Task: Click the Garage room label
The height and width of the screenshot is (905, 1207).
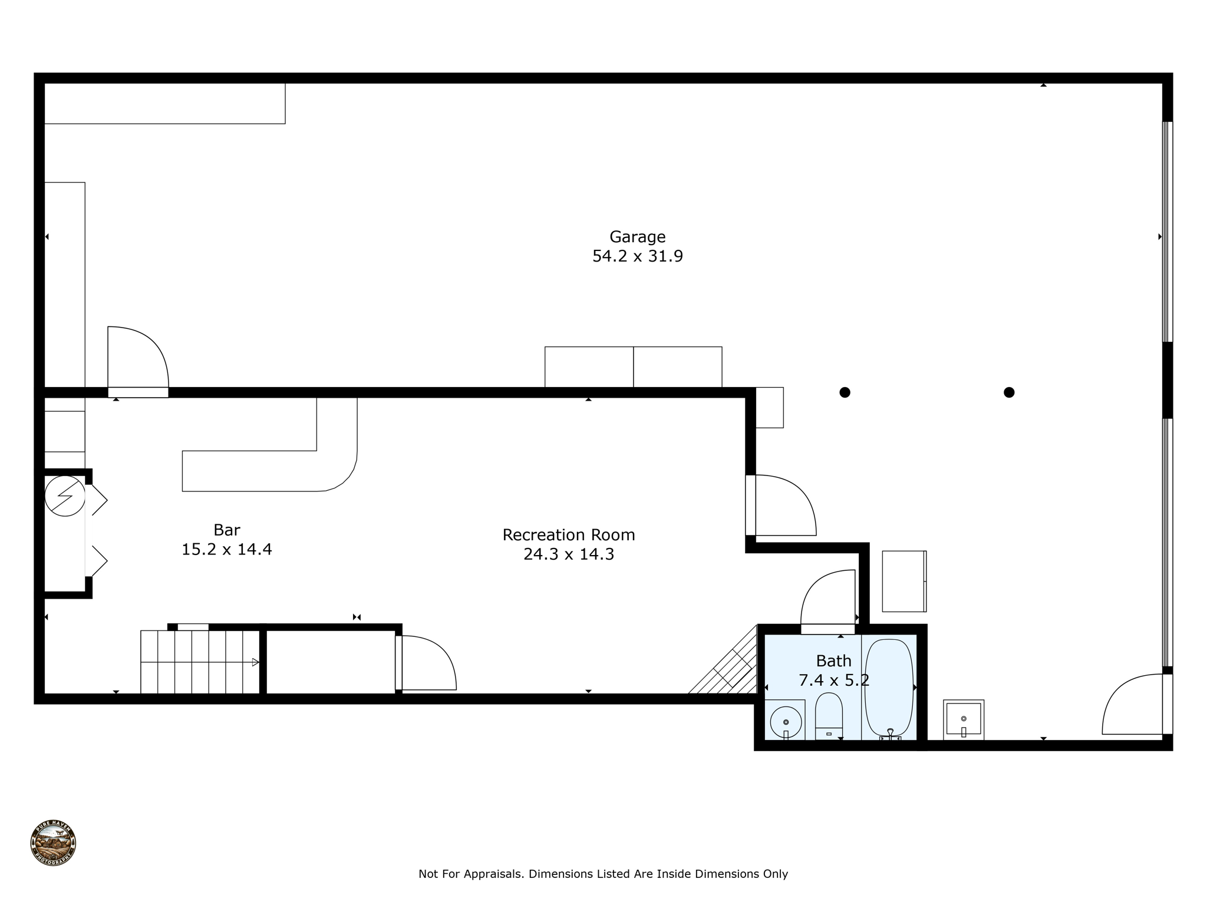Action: pyautogui.click(x=637, y=236)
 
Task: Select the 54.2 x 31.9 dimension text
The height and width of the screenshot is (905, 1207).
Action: pyautogui.click(x=637, y=256)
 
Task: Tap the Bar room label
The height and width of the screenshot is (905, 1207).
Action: pyautogui.click(x=226, y=530)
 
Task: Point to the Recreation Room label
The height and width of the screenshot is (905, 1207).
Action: pyautogui.click(x=568, y=534)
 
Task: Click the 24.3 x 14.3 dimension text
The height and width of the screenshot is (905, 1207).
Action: pyautogui.click(x=568, y=554)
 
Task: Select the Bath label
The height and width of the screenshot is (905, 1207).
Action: pyautogui.click(x=833, y=660)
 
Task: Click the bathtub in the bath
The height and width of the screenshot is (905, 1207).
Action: pyautogui.click(x=889, y=687)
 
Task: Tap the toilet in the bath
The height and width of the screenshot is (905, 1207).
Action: pyautogui.click(x=829, y=715)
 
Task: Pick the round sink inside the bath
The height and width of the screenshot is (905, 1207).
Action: pyautogui.click(x=786, y=721)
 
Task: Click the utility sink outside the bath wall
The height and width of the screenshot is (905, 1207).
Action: pyautogui.click(x=964, y=719)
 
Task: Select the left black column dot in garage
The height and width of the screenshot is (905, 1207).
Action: pyautogui.click(x=845, y=392)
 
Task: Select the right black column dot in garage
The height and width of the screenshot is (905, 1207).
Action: pyautogui.click(x=1009, y=392)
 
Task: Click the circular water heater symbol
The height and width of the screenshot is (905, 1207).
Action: pyautogui.click(x=65, y=496)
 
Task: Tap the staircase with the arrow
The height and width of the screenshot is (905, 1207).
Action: pyautogui.click(x=200, y=662)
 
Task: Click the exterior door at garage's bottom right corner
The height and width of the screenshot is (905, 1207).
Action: pyautogui.click(x=1135, y=705)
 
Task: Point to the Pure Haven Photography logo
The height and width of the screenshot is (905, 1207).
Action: pyautogui.click(x=53, y=843)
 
